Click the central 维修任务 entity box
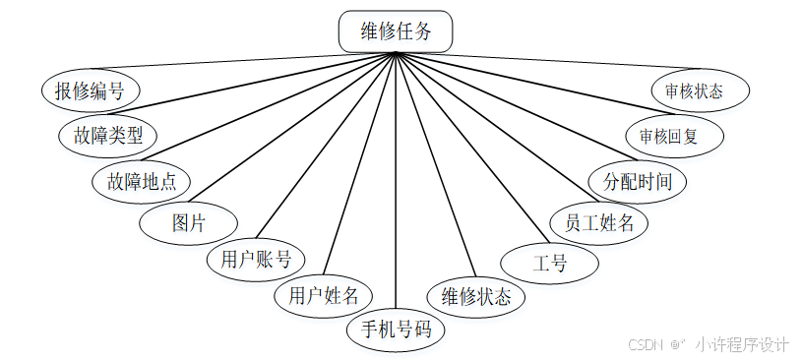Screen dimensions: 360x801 pos(397,31)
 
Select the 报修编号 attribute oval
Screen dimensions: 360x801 pos(90,91)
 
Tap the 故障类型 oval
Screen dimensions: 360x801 pos(108,134)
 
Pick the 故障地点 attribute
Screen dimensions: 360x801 pos(141,181)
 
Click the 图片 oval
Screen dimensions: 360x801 pos(188,222)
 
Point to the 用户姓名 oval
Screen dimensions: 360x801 pos(324,294)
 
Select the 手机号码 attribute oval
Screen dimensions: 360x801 pos(396,330)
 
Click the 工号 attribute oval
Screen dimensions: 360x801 pos(549,263)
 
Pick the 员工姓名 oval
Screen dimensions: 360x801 pos(598,222)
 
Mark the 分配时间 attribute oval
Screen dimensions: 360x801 pos(636,181)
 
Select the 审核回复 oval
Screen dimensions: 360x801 pos(675,135)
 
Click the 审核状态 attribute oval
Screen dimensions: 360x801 pos(701,91)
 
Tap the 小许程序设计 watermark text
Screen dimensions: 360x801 pos(742,345)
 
